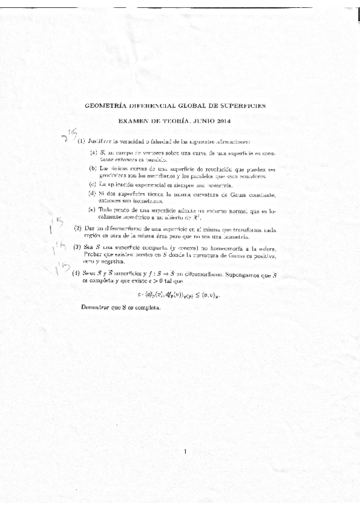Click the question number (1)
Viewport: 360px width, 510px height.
coord(81,141)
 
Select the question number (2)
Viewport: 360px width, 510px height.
coord(78,229)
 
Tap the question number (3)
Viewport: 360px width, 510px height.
coord(78,247)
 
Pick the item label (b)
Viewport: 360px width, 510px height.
coord(93,169)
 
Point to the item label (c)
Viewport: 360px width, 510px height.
coord(93,184)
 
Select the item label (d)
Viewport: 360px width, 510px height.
coord(93,194)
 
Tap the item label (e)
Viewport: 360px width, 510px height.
coord(93,209)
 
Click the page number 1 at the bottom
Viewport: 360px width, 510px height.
coord(186,452)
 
